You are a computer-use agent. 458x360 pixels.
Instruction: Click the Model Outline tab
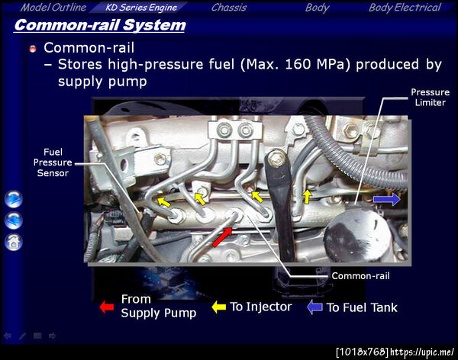(53, 8)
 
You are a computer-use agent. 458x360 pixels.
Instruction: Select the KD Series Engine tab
(141, 8)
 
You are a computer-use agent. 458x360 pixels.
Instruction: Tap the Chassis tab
(229, 8)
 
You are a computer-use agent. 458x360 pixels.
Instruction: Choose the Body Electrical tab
(405, 8)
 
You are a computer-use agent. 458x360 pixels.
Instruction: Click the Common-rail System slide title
(100, 25)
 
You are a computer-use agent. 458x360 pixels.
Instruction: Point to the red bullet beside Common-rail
(33, 49)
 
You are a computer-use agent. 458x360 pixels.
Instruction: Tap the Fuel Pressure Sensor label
(53, 162)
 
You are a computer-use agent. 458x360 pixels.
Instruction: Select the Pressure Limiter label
(430, 97)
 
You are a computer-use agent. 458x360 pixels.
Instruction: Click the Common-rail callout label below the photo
(360, 276)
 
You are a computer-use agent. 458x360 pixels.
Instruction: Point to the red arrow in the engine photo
(222, 237)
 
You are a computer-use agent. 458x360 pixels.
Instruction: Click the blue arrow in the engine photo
(387, 199)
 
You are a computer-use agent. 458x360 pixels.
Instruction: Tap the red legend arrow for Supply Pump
(107, 307)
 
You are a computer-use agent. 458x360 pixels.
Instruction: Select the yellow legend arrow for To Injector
(219, 307)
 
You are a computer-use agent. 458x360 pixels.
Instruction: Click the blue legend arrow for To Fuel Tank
(314, 307)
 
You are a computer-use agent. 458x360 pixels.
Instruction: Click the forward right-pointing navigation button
(14, 199)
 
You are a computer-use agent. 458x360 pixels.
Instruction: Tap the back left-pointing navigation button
(14, 220)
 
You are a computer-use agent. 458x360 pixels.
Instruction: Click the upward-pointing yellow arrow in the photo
(307, 197)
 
